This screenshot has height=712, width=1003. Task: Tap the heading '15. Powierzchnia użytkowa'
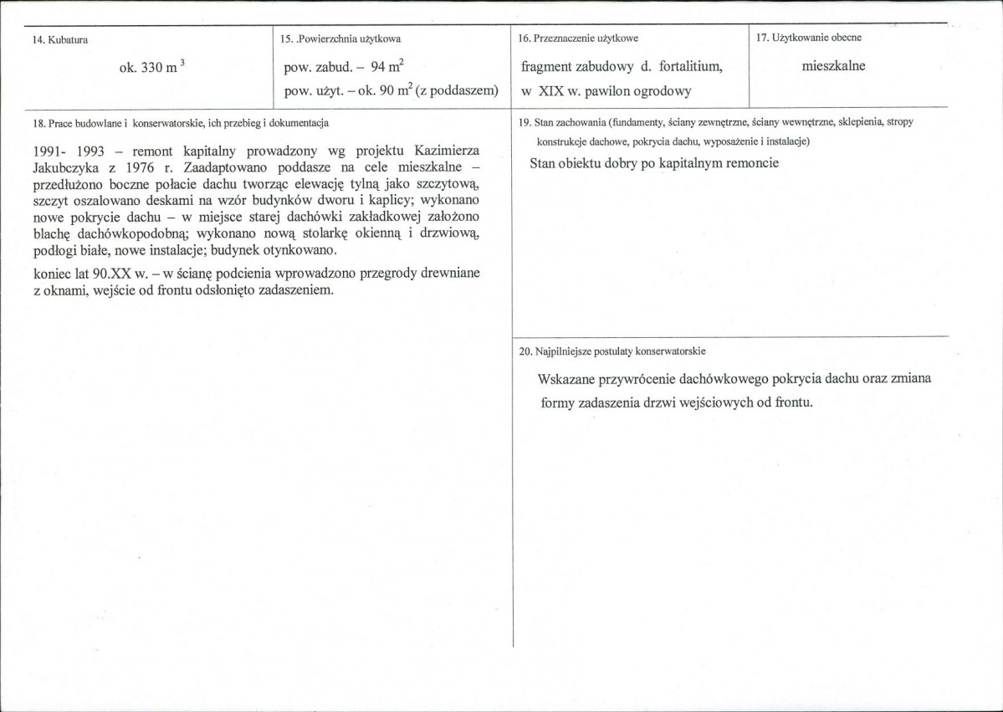[342, 38]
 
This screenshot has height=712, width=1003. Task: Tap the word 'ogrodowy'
[660, 90]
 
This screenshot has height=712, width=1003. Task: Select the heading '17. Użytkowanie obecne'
[808, 38]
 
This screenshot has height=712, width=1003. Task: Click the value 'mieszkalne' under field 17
[833, 67]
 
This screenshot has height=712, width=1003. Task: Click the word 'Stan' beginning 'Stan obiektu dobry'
[544, 163]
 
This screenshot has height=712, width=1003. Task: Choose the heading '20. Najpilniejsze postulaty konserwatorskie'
[617, 351]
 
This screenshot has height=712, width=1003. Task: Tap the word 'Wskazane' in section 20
[567, 379]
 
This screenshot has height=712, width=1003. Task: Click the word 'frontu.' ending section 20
[791, 402]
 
